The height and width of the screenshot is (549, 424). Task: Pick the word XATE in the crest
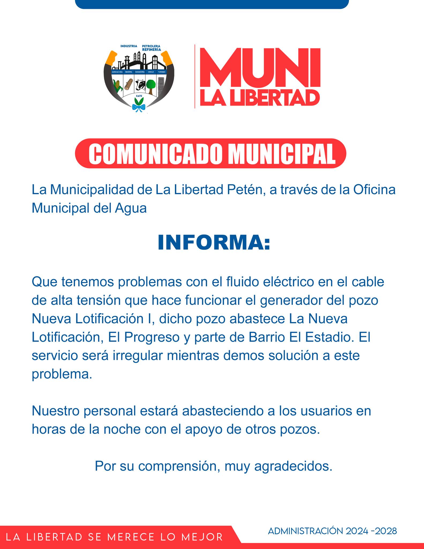[139, 96]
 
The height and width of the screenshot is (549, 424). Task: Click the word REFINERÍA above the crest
[152, 50]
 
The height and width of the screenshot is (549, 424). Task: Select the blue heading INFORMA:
[214, 243]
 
